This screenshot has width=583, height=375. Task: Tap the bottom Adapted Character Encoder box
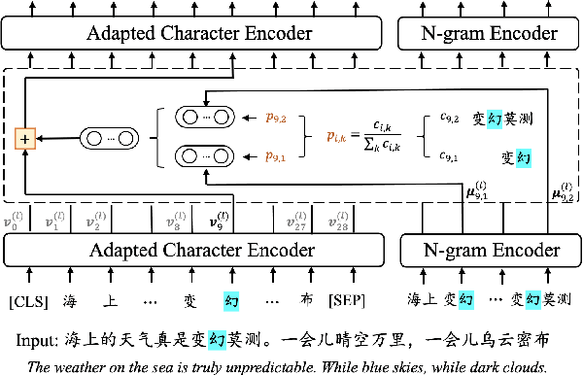click(x=199, y=251)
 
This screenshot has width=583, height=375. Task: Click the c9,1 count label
click(x=448, y=155)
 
